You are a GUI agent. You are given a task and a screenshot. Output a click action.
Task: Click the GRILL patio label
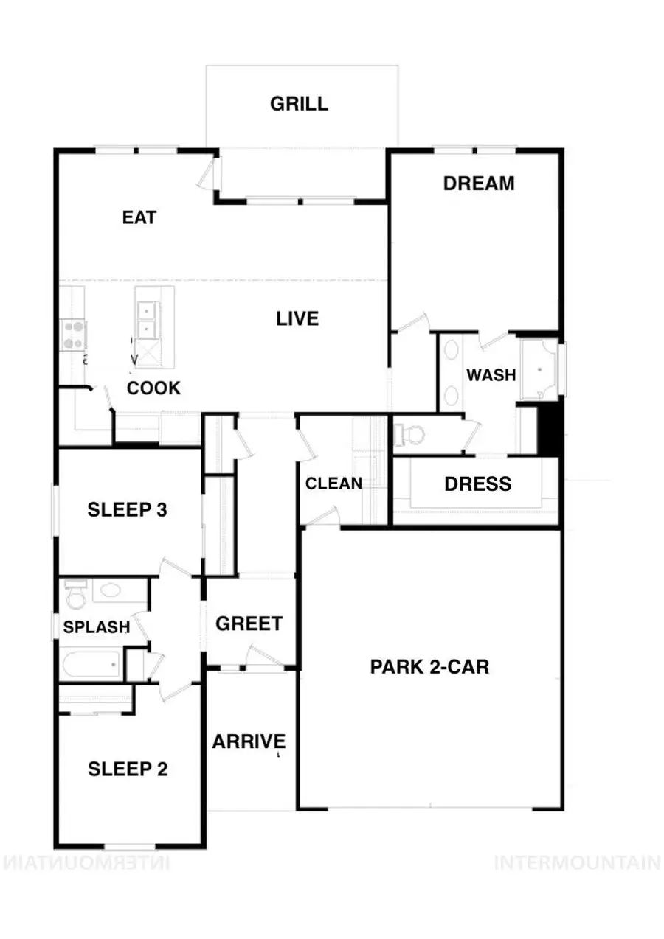coord(299,103)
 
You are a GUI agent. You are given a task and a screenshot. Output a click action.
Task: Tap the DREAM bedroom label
coord(479,184)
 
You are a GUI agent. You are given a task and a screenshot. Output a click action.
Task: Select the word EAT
coord(139,217)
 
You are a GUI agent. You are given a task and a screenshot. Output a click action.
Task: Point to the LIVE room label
coord(297,318)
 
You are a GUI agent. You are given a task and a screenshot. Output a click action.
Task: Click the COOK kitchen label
coord(153,388)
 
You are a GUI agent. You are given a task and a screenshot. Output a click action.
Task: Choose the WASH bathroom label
coord(491,375)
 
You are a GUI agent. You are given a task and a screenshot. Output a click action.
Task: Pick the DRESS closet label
coord(477,484)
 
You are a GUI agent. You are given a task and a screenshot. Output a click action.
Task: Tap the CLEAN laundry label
coord(333,484)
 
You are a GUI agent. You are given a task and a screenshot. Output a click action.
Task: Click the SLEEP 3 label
coord(127,510)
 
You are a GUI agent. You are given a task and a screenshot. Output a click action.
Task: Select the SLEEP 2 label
coord(128,769)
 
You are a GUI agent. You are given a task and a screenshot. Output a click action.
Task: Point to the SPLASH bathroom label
coord(97,627)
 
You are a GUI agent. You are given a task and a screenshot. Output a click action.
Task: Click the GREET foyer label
coord(249,624)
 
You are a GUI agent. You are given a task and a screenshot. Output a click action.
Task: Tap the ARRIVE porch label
coord(249,741)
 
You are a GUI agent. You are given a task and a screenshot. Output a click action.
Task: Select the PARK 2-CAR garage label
coord(429,667)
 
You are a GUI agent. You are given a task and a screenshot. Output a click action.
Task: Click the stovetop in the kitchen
coord(73,335)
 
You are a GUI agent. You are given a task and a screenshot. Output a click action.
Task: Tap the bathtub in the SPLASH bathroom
coord(91,664)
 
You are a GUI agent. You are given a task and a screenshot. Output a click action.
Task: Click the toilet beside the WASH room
coord(409,435)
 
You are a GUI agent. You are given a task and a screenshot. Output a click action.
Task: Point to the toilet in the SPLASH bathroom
coord(76,594)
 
